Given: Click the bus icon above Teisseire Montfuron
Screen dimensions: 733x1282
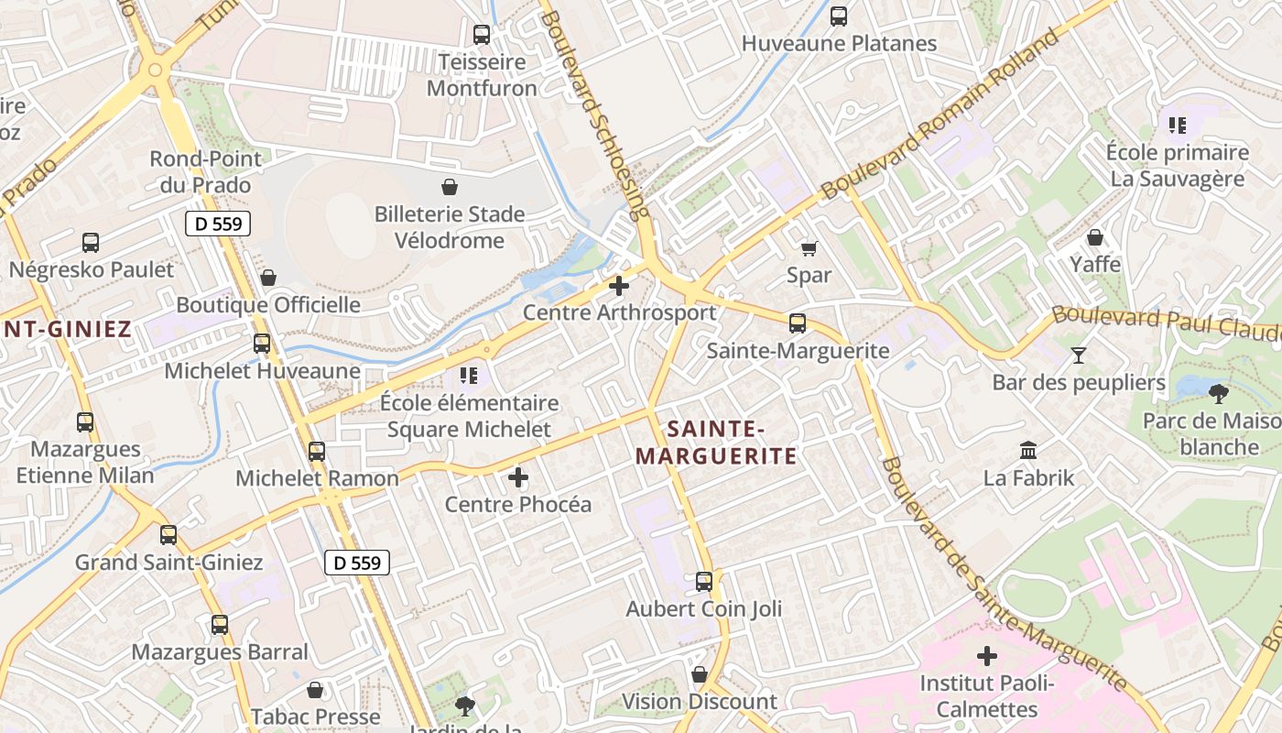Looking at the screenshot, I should (x=482, y=35).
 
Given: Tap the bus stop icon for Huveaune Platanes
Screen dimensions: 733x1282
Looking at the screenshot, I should (x=839, y=16).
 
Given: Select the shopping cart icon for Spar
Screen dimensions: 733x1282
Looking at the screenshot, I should (x=809, y=248).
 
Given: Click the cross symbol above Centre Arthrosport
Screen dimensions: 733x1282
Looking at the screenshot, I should (x=619, y=286).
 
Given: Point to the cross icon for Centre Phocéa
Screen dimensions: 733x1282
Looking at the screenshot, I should (x=518, y=477).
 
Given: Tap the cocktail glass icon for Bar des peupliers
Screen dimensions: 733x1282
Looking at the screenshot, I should (x=1079, y=355).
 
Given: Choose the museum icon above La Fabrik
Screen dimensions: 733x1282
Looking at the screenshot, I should (x=1028, y=451).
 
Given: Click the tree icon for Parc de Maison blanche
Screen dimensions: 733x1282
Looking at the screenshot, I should (x=1218, y=394).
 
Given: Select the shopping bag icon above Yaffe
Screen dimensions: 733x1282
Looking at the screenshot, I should (x=1095, y=238).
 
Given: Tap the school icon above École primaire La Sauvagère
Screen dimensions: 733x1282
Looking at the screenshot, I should (x=1177, y=125).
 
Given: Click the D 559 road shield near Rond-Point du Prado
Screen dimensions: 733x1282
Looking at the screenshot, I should (x=218, y=224).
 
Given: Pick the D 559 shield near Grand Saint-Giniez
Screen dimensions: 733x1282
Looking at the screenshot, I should (x=357, y=563).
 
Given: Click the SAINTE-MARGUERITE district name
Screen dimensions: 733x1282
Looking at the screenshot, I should (x=716, y=442).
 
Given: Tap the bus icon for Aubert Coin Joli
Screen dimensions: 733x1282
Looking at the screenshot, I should (x=704, y=582).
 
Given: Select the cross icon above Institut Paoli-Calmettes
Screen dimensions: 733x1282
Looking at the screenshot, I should (x=987, y=656).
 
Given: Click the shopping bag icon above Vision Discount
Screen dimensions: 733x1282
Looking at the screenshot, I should (x=700, y=675).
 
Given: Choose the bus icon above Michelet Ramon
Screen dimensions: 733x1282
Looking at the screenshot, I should (x=317, y=452).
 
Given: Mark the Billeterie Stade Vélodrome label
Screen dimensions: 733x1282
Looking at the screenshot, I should (x=450, y=227).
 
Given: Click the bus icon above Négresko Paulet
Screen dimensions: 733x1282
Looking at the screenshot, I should (x=91, y=243).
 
